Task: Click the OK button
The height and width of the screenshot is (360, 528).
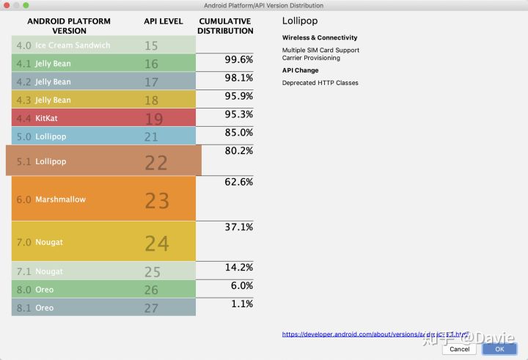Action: click(x=499, y=349)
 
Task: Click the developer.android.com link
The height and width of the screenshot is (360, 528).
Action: click(x=375, y=334)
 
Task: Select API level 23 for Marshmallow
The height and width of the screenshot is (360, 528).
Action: click(x=156, y=200)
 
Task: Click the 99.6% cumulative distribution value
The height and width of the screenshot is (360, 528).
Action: click(x=238, y=59)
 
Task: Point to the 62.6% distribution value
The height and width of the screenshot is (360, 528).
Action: click(x=238, y=182)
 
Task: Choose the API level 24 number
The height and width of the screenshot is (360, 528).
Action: click(x=156, y=243)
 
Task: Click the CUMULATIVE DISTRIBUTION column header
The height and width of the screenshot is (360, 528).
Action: click(x=226, y=26)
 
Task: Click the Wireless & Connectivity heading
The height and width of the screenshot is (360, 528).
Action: click(x=320, y=37)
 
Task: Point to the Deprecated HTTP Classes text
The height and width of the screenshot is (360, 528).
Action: click(x=320, y=83)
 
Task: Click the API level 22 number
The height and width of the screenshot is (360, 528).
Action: click(x=156, y=162)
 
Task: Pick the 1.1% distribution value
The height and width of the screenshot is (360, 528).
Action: click(x=241, y=304)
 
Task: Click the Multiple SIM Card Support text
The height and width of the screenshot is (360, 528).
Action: click(x=320, y=51)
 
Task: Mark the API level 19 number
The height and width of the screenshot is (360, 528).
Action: click(x=154, y=119)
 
